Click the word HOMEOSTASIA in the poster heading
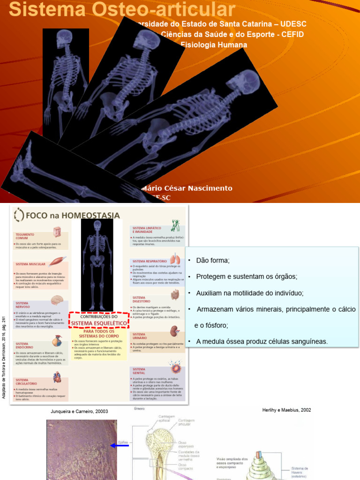(x=90, y=215)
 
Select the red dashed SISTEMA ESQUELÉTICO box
(x=98, y=320)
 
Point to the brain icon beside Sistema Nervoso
(x=57, y=300)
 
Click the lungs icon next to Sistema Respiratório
(x=175, y=259)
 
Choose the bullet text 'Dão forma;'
(x=213, y=260)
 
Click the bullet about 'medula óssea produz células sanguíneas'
(x=262, y=341)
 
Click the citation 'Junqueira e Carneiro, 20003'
(x=79, y=412)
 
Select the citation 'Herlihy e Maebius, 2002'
(x=286, y=410)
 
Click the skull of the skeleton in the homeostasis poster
(x=97, y=225)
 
